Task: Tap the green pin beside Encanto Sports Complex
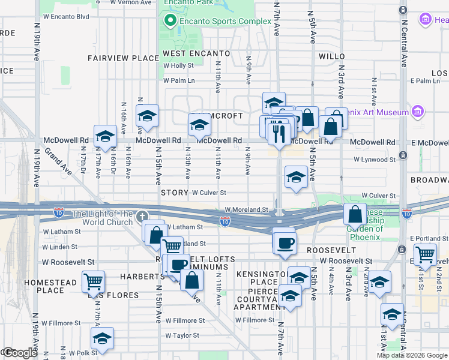[170, 22]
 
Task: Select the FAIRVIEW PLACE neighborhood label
[122, 58]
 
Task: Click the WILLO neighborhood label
[332, 56]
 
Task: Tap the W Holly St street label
[178, 66]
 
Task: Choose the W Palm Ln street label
[179, 80]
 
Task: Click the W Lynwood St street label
[375, 160]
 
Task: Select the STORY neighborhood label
[175, 193]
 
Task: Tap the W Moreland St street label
[246, 210]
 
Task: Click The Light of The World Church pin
[142, 216]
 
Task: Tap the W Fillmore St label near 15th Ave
[185, 320]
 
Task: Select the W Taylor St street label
[185, 336]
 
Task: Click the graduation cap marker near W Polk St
[102, 338]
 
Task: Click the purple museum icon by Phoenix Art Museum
[418, 112]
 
